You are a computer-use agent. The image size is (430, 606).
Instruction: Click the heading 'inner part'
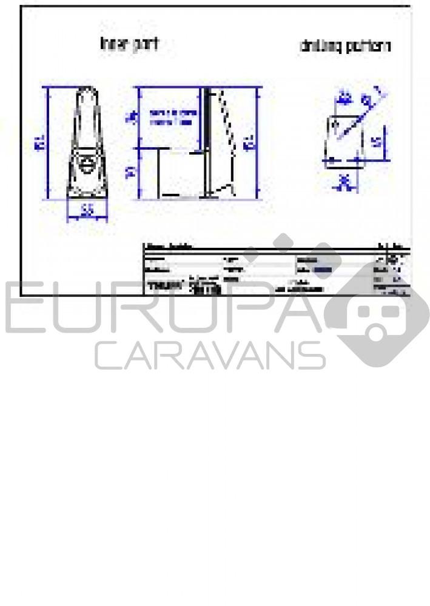[x=129, y=44]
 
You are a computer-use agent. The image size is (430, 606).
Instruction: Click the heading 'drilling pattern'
[x=345, y=46]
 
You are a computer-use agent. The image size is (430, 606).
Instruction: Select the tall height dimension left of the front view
[x=40, y=144]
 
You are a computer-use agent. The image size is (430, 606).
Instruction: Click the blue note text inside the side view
[x=172, y=117]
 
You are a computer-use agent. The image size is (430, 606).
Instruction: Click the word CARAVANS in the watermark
[x=209, y=355]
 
